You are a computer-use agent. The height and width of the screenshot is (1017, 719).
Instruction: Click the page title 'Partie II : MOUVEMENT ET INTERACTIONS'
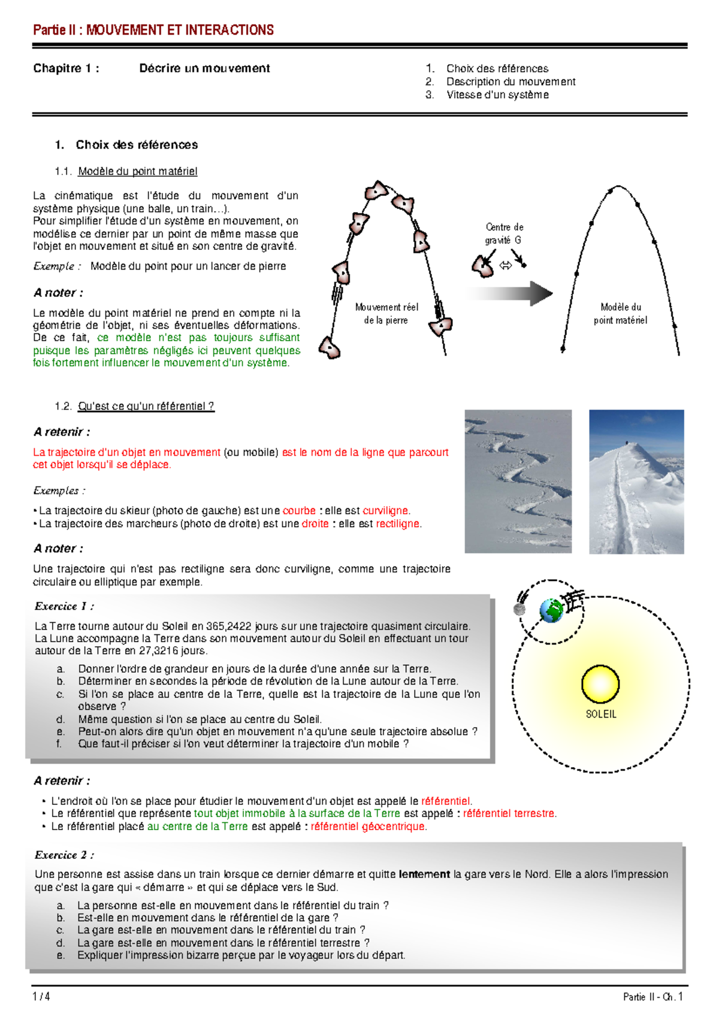click(x=153, y=30)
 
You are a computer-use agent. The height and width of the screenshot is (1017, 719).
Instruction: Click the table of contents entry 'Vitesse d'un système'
click(x=497, y=95)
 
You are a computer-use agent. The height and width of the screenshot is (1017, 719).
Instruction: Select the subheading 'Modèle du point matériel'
click(x=137, y=171)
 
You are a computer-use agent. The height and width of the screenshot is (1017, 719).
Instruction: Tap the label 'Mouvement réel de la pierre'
click(x=386, y=313)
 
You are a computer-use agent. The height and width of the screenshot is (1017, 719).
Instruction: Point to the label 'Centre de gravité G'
click(x=504, y=233)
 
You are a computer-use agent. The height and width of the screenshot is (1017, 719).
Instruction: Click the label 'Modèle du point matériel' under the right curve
click(x=620, y=313)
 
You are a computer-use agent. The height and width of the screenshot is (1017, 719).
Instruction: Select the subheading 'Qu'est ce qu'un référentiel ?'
click(x=146, y=406)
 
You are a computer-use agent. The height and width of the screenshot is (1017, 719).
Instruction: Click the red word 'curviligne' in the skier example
click(x=385, y=511)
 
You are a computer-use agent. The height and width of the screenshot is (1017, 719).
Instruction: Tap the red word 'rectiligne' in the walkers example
click(x=397, y=523)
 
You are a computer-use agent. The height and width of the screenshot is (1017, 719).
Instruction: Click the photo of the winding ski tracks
click(x=518, y=481)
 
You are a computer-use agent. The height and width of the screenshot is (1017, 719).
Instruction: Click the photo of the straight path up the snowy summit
click(x=636, y=481)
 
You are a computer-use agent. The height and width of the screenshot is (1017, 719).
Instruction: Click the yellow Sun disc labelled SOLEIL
click(x=600, y=683)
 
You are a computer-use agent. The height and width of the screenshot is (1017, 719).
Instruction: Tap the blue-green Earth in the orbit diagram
click(x=551, y=610)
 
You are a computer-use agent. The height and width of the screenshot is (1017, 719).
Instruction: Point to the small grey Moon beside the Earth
click(x=519, y=609)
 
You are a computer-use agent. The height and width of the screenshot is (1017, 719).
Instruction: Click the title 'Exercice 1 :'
click(x=64, y=606)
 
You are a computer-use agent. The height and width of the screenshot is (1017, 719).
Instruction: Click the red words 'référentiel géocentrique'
click(x=368, y=827)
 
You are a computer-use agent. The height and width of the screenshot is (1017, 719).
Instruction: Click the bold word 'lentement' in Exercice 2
click(x=424, y=874)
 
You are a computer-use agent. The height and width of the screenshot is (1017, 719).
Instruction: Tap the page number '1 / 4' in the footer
click(x=41, y=997)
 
